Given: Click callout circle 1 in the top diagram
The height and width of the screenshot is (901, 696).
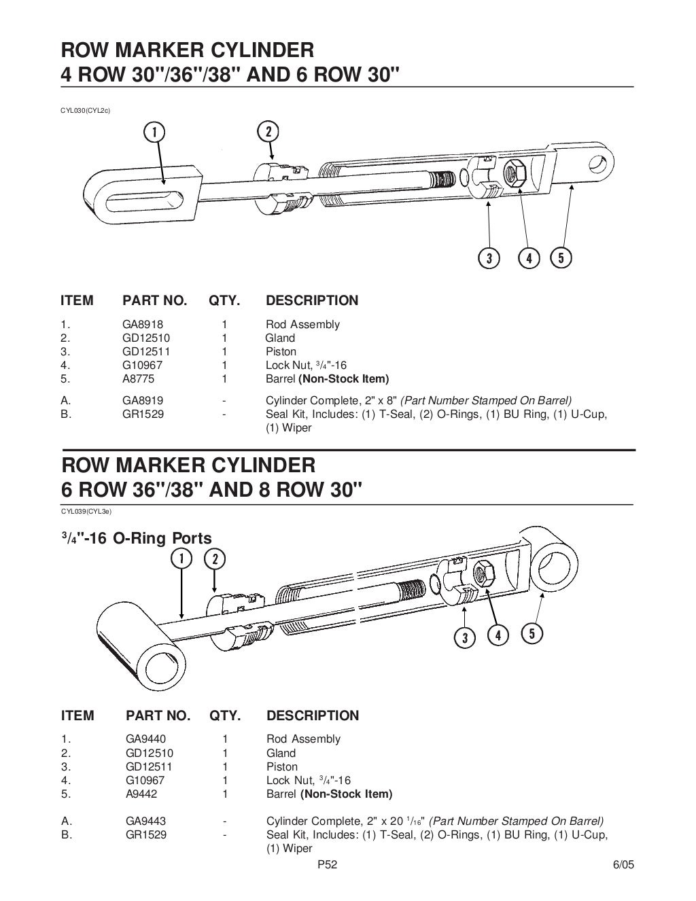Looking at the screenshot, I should pos(156,131).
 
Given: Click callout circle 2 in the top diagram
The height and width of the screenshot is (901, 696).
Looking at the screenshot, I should pos(268,131).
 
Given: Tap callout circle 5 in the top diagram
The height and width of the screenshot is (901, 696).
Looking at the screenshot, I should pos(561,258).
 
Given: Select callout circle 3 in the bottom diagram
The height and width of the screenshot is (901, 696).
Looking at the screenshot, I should pos(465,637).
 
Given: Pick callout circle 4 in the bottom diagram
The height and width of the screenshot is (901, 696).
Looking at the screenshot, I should pos(498,635).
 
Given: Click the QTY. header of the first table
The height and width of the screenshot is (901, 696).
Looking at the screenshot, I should pos(224,300).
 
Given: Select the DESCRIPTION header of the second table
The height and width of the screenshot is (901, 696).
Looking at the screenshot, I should pos(313,715).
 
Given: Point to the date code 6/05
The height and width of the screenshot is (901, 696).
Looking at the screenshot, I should pos(623,865).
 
